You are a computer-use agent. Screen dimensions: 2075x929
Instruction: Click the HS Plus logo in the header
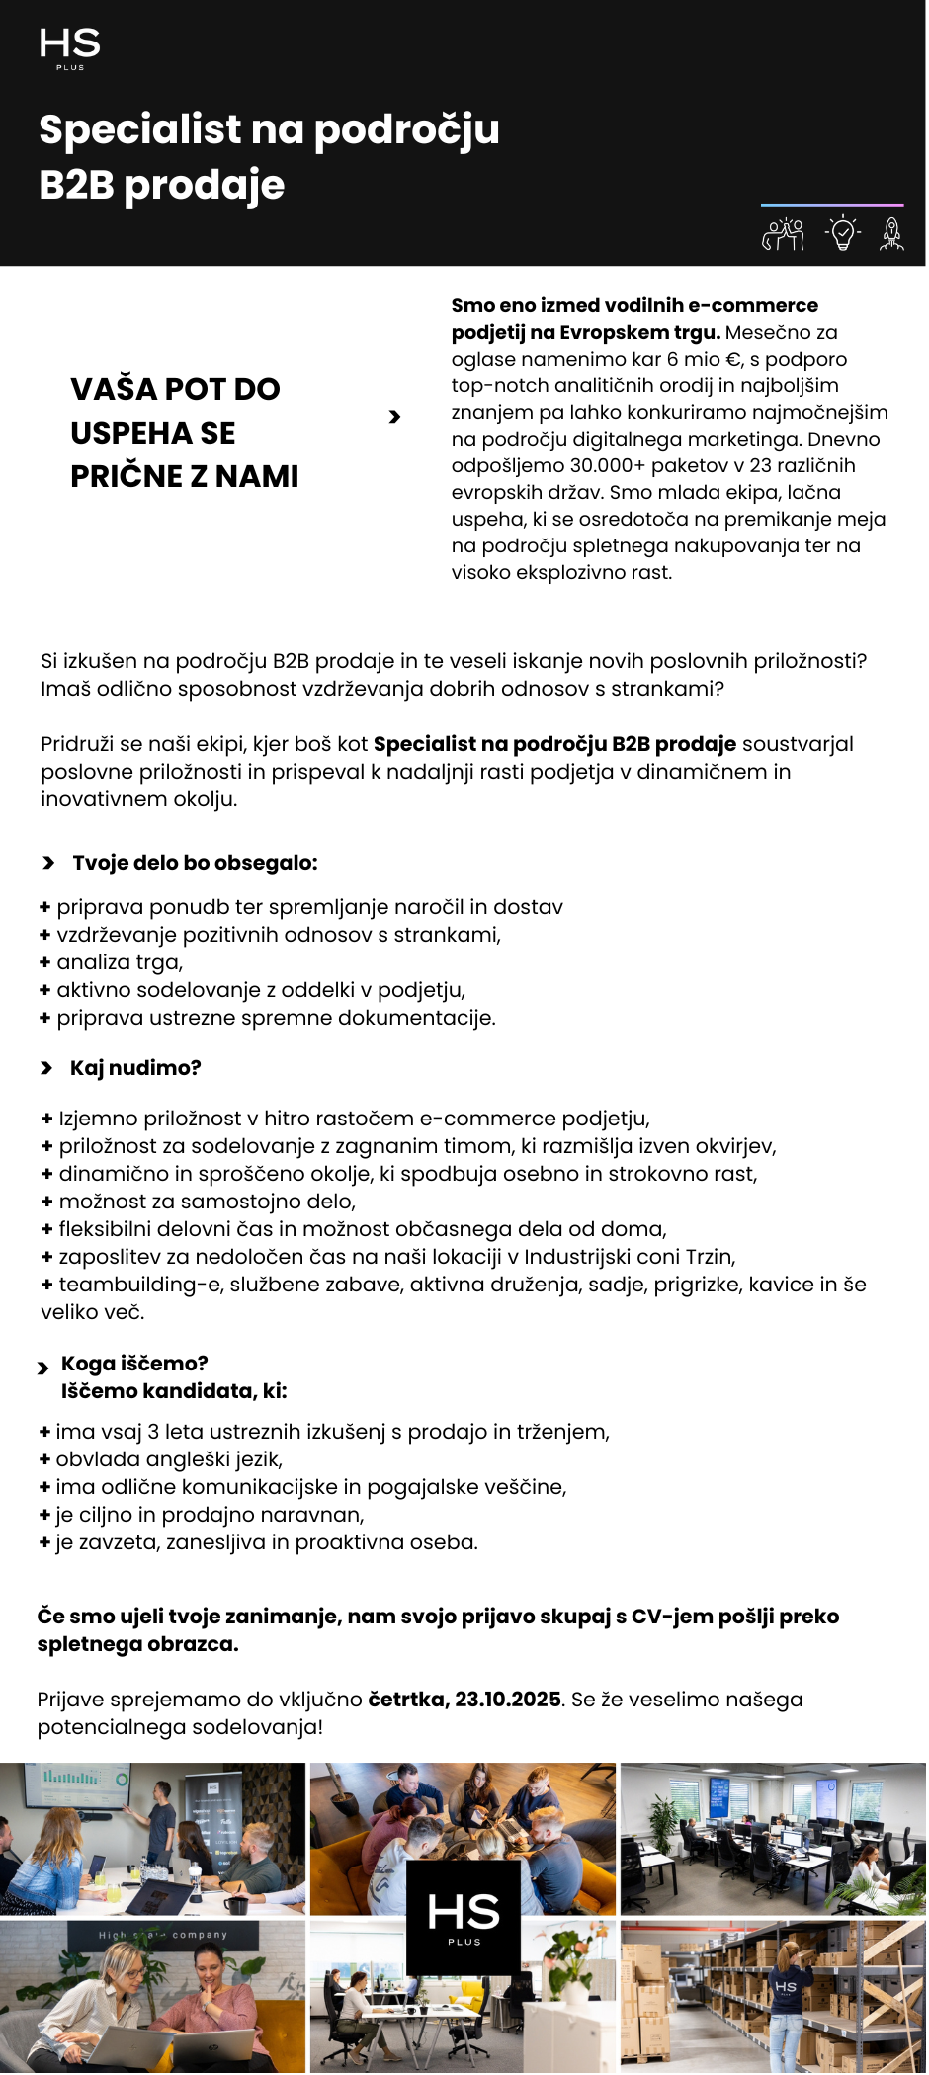69,47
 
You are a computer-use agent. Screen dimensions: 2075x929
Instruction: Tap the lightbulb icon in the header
842,234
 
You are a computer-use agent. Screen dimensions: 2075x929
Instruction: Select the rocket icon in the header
891,234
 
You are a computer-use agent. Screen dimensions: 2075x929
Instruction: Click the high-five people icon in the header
783,234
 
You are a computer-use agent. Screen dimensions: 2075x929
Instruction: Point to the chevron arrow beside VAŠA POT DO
394,417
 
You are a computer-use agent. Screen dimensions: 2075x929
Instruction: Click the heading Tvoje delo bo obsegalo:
195,863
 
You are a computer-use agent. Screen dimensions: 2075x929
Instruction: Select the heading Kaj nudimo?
135,1068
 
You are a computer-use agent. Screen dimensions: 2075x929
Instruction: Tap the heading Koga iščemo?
134,1364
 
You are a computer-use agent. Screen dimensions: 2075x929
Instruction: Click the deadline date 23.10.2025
507,1700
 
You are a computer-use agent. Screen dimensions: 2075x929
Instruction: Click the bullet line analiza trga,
120,962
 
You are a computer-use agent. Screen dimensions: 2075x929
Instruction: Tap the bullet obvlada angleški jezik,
169,1459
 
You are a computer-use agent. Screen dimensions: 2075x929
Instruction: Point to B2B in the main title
76,185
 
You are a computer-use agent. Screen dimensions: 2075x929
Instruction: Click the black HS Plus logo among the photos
464,1917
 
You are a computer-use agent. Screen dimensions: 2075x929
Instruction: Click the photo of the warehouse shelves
773,1996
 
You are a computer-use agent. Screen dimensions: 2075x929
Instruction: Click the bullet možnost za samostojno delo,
207,1202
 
